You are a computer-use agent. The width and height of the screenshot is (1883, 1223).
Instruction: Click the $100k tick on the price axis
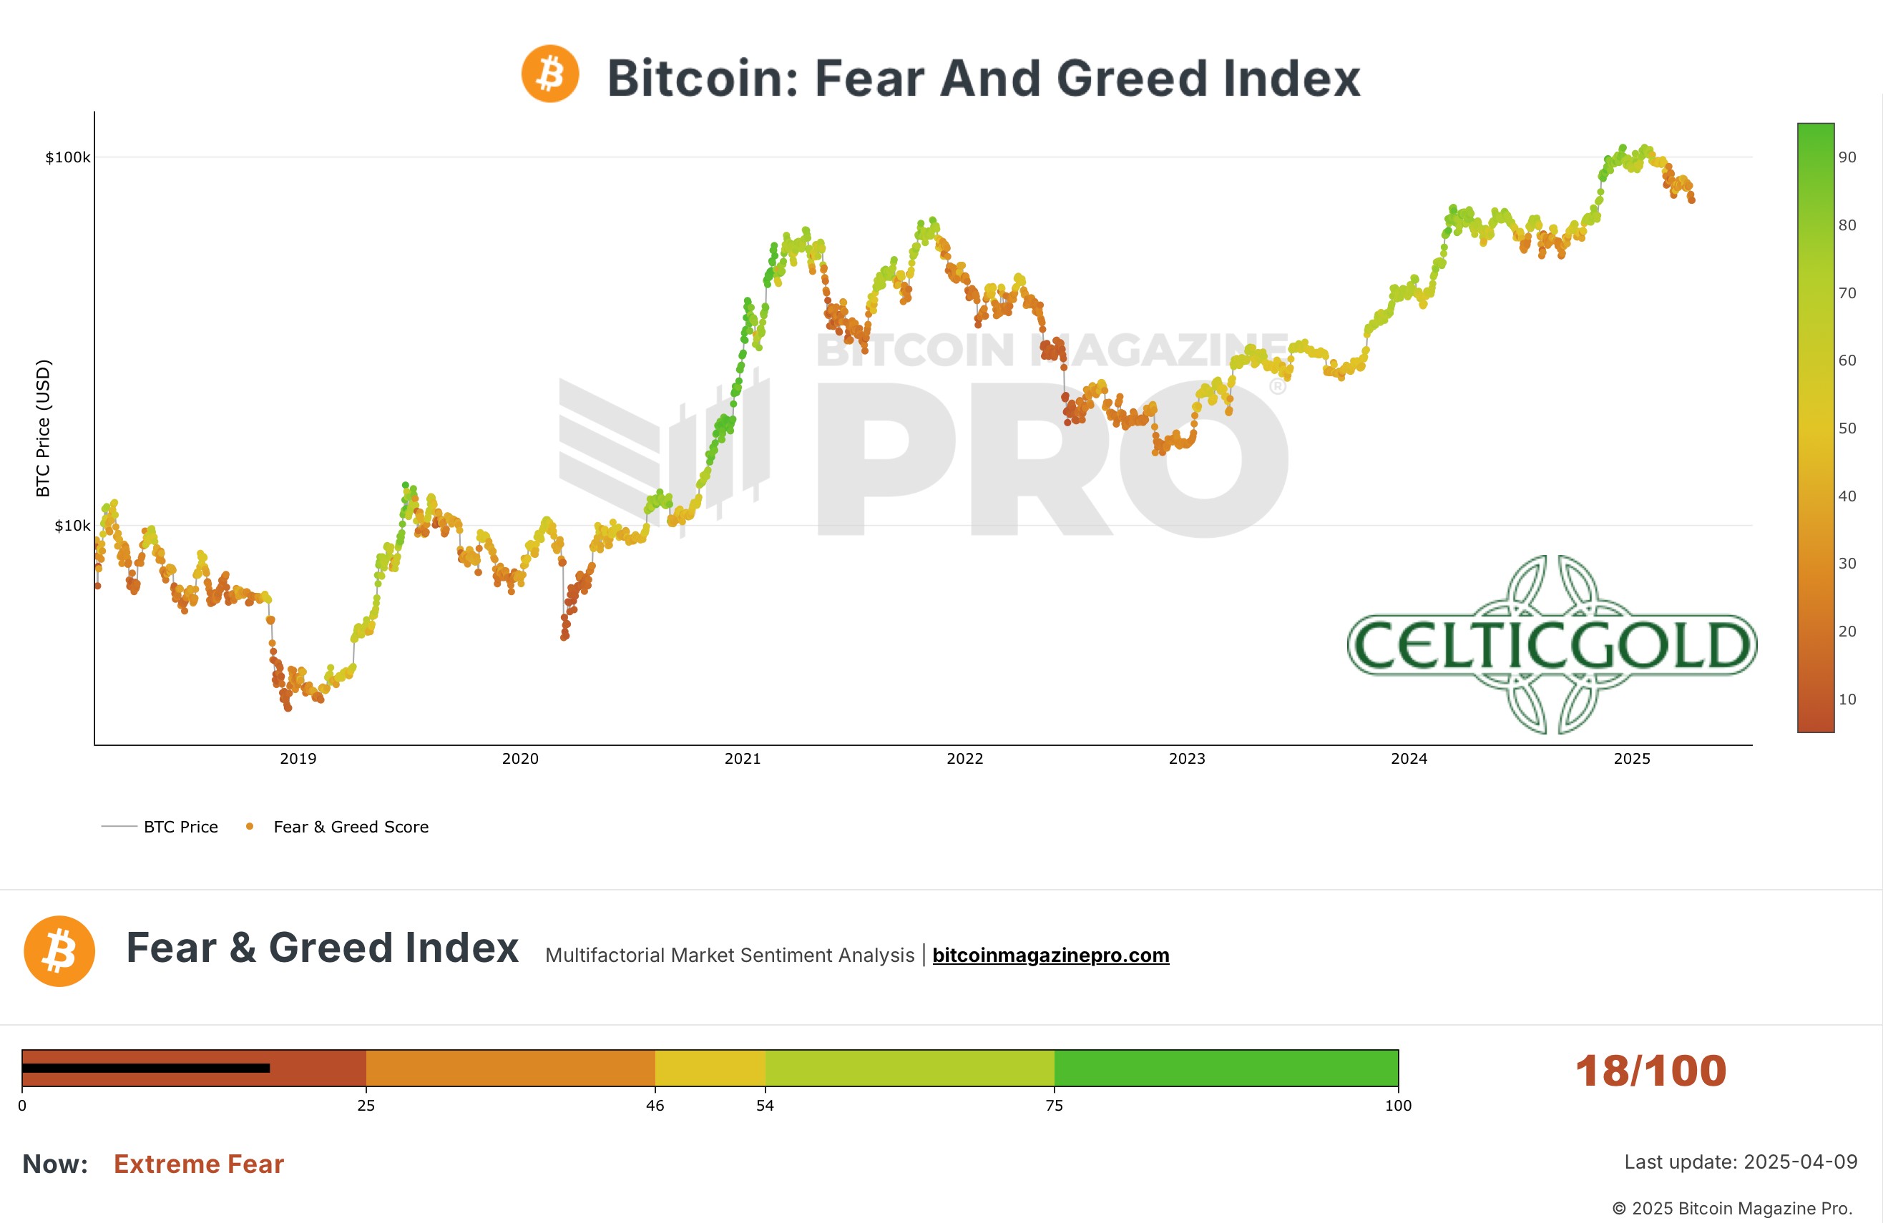pos(68,157)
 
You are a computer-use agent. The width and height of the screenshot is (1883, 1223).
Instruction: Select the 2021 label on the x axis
pos(742,759)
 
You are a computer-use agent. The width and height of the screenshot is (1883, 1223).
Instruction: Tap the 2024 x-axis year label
pos(1409,759)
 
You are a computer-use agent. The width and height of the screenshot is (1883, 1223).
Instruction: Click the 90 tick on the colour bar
pos(1847,157)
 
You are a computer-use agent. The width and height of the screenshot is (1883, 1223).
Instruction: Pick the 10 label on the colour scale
pos(1847,699)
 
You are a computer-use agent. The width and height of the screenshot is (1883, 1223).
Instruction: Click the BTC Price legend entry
pos(180,827)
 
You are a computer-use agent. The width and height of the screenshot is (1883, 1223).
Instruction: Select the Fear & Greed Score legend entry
pos(351,827)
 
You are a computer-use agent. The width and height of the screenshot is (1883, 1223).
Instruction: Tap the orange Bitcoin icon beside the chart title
pos(550,74)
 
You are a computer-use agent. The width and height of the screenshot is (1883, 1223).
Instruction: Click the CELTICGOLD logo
pos(1552,644)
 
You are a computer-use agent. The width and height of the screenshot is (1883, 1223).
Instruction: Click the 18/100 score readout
pos(1650,1071)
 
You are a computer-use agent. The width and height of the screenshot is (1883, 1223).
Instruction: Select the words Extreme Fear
pos(199,1164)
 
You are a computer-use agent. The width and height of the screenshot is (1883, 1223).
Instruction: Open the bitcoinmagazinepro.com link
pos(1051,955)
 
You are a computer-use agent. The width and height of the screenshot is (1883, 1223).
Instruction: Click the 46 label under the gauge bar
pos(655,1105)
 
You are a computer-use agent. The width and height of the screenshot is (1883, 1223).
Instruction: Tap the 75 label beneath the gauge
pos(1054,1105)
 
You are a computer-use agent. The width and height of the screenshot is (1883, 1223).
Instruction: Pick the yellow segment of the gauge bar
pos(710,1068)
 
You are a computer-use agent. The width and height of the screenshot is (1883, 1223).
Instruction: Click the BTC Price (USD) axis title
pos(43,428)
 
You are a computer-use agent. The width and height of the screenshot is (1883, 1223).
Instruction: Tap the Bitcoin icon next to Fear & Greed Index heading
pos(59,951)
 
